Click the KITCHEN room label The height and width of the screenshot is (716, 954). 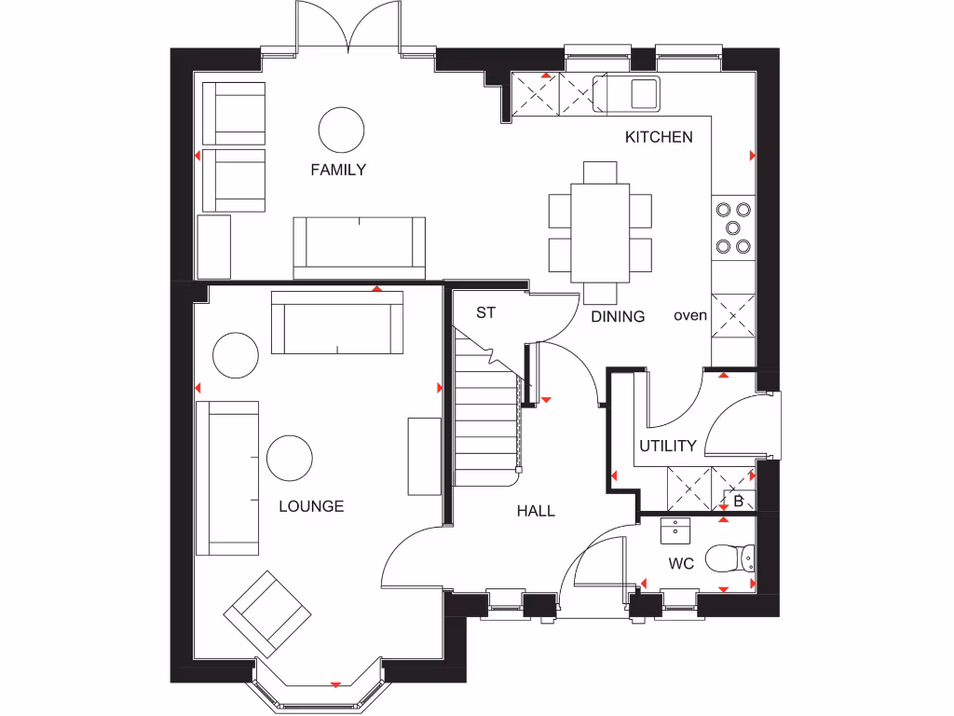659,137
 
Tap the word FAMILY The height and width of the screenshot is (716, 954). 338,170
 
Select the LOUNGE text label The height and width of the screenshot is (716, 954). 311,506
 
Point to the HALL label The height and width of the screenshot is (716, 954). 536,511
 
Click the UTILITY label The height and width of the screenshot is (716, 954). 667,446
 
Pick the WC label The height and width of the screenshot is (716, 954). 681,564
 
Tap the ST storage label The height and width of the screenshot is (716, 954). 485,313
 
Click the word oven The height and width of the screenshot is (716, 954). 690,315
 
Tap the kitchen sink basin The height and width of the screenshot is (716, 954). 644,94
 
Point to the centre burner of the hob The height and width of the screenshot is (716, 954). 733,227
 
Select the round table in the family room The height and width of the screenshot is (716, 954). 341,129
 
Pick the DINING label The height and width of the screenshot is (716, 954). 618,316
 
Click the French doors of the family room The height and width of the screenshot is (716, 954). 348,28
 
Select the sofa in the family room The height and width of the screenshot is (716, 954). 359,247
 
